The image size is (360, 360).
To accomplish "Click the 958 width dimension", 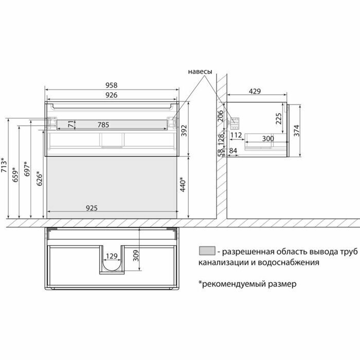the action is (x=112, y=85).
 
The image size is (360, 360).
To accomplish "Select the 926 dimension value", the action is (x=112, y=95).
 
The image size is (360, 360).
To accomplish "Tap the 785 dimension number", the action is (x=103, y=124).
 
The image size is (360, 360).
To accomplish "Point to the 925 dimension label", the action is (x=92, y=208).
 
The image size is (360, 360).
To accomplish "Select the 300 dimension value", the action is (x=267, y=139).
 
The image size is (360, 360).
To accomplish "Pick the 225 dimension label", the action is (x=278, y=119).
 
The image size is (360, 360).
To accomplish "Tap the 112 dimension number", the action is (x=236, y=135).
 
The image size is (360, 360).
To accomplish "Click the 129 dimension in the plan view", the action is (x=112, y=256).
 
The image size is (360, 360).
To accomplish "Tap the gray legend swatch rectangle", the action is (x=206, y=251).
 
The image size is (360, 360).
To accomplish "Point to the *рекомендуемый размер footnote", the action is (x=247, y=283).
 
